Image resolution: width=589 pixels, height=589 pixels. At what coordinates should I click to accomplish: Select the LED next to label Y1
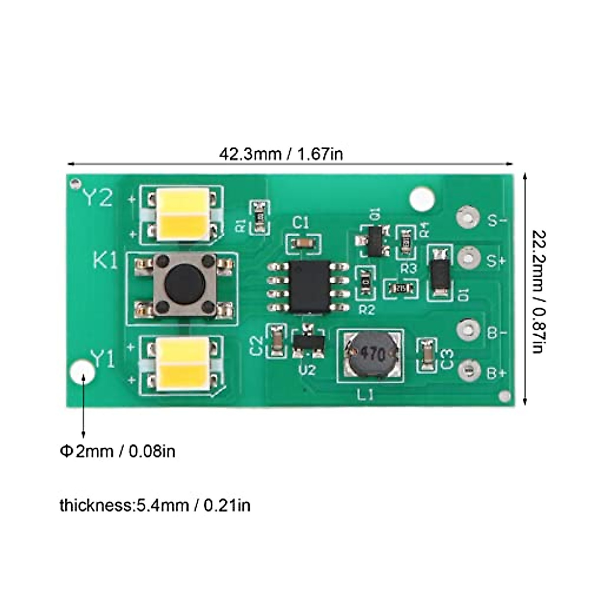182,364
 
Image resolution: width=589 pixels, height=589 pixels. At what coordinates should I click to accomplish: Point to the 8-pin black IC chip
308,287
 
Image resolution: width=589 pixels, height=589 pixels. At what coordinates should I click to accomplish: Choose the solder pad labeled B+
468,371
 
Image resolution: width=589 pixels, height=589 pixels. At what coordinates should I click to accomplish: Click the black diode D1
439,273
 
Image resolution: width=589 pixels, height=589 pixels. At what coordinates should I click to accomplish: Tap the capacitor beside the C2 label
276,340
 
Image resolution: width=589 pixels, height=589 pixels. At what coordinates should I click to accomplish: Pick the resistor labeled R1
259,217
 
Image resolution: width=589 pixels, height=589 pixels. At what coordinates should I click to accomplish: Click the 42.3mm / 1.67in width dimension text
281,154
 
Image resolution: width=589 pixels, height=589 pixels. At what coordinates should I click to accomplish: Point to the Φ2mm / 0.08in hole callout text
118,451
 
